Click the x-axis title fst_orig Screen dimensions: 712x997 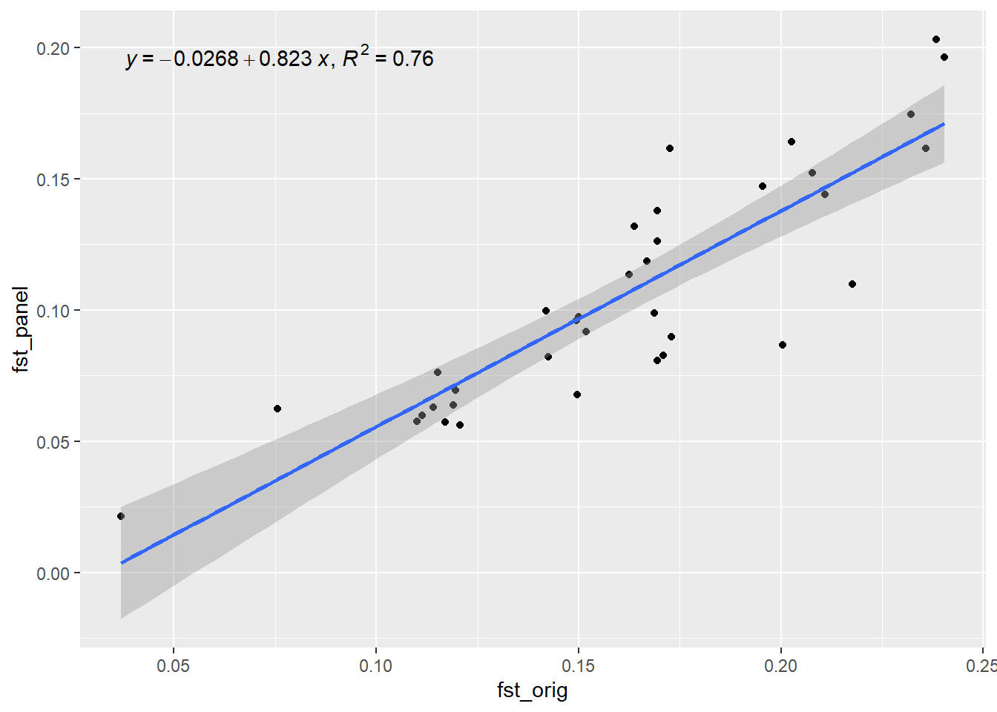(532, 690)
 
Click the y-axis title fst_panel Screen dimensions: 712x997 (21, 329)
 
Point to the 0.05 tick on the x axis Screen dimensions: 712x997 (174, 665)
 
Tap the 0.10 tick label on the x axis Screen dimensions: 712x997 (376, 665)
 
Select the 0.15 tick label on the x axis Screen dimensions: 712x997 (579, 665)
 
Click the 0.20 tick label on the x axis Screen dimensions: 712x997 (781, 665)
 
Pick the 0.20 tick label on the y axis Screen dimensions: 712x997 (53, 48)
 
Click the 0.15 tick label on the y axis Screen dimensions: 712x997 (53, 179)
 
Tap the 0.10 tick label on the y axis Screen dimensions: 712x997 (53, 311)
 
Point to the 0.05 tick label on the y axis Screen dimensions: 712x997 (53, 442)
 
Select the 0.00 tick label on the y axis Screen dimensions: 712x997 (53, 573)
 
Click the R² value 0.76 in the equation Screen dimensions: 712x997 (412, 59)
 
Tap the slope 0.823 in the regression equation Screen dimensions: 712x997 (286, 59)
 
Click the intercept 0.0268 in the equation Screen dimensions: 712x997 (205, 59)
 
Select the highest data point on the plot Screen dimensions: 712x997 (936, 39)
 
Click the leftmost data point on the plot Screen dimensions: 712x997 (121, 516)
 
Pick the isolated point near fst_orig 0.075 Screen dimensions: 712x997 (277, 409)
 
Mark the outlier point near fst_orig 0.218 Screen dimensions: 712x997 (852, 284)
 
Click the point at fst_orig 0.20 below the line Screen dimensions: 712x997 (783, 345)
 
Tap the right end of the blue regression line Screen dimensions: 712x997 (944, 124)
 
